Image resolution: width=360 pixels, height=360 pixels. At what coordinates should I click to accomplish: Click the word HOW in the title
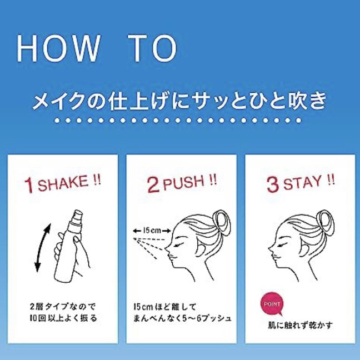[x=59, y=48]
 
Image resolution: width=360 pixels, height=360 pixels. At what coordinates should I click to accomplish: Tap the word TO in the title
[x=153, y=48]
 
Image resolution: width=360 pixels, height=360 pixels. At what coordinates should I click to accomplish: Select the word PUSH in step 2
[x=184, y=182]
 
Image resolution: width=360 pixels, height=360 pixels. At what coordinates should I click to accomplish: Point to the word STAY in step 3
[x=302, y=183]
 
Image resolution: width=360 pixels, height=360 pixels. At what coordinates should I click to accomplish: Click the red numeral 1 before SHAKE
[x=29, y=185]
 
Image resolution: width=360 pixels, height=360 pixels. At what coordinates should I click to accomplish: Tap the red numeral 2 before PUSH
[x=153, y=184]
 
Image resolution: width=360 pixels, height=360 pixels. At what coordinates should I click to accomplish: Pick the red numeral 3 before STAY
[x=273, y=184]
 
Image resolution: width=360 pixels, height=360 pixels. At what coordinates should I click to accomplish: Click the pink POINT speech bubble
[x=272, y=304]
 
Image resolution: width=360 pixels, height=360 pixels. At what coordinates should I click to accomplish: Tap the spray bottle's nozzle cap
[x=77, y=217]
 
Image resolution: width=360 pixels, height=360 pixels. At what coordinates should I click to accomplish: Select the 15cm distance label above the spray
[x=152, y=231]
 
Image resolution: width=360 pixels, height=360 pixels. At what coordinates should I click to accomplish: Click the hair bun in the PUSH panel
[x=222, y=223]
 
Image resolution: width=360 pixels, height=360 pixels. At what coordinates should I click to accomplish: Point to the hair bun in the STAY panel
[x=325, y=223]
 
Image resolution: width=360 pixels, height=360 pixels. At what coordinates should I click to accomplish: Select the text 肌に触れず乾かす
[x=301, y=325]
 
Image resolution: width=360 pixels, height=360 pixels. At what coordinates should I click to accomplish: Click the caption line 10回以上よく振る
[x=63, y=318]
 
